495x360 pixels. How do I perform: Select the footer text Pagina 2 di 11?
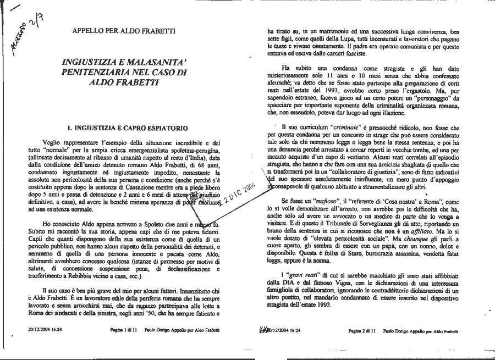coord(361,331)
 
